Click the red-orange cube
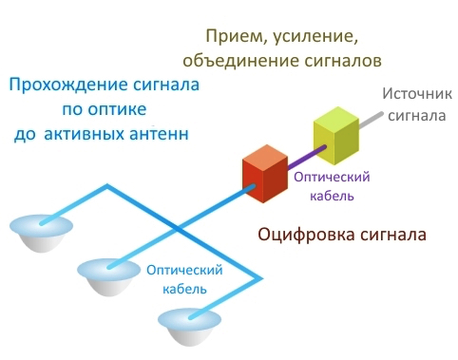pos(265,174)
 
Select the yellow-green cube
pos(334,136)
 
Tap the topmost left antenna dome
pos(37,234)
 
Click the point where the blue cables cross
pos(177,228)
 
